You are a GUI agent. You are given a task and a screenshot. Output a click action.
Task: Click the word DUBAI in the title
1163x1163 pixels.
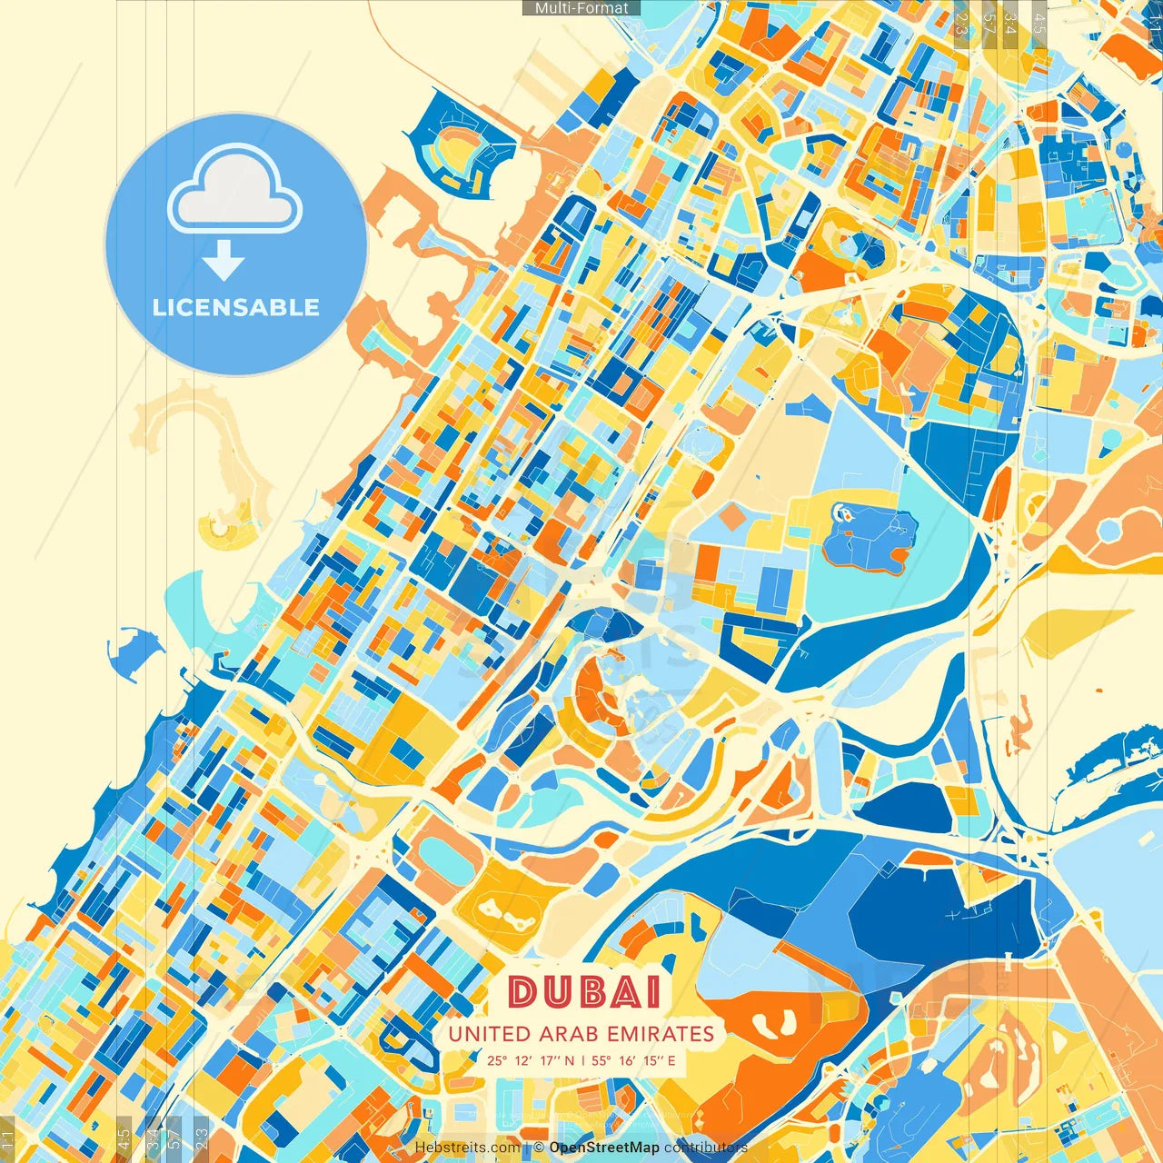584,992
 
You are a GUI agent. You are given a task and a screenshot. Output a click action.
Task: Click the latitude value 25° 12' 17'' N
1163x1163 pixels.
531,1060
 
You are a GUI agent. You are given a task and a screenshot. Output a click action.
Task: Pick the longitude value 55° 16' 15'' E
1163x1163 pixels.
634,1060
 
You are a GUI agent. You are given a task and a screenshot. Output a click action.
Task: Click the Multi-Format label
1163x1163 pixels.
581,8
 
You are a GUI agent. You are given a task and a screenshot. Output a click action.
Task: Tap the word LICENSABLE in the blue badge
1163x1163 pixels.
236,307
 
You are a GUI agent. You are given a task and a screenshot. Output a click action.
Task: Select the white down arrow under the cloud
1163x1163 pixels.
224,262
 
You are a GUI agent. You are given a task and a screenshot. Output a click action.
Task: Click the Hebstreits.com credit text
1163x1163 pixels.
468,1148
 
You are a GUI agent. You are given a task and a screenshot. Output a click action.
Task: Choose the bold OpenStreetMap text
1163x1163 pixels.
604,1148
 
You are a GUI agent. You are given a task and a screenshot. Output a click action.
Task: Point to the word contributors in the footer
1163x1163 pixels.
706,1148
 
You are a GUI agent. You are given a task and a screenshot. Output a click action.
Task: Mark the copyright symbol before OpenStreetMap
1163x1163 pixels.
539,1148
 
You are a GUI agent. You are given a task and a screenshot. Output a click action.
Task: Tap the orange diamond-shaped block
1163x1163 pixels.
732,517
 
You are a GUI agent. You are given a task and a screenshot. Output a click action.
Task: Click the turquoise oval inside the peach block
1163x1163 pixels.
442,855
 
